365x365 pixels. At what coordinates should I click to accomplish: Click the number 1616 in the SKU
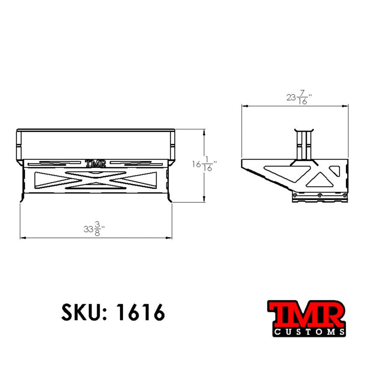pos(140,313)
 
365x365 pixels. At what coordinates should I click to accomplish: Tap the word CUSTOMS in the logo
pos(309,332)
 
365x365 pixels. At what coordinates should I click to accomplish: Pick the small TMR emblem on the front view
pos(95,163)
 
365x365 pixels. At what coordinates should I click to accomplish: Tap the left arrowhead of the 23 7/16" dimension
pos(243,105)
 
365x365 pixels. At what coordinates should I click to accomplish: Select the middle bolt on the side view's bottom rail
pos(319,195)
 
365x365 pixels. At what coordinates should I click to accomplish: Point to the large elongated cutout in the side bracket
pos(282,173)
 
